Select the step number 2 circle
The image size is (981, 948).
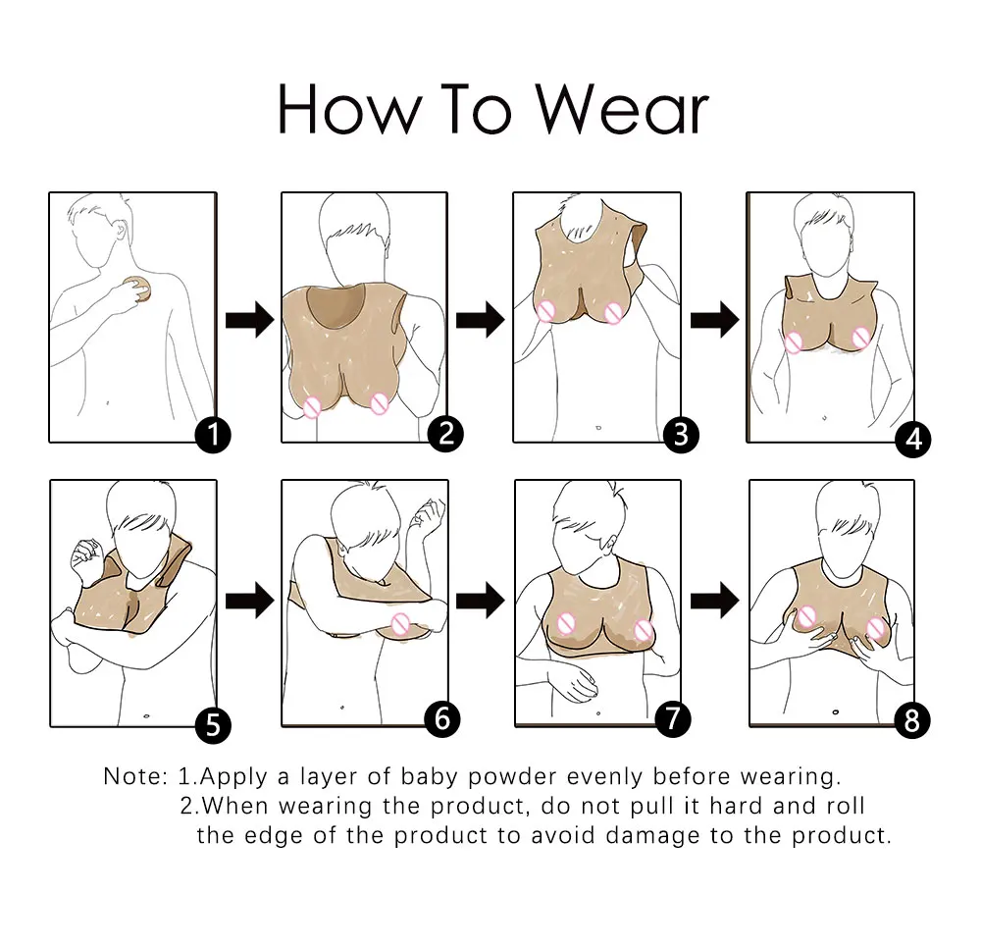445,434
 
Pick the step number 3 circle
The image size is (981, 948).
681,434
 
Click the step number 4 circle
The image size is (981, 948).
912,439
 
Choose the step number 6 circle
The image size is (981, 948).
441,719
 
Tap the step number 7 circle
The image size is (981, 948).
671,718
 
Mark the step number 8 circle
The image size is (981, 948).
912,722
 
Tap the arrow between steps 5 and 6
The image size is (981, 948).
249,602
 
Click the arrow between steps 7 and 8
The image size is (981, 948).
714,602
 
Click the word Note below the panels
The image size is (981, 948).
135,777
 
